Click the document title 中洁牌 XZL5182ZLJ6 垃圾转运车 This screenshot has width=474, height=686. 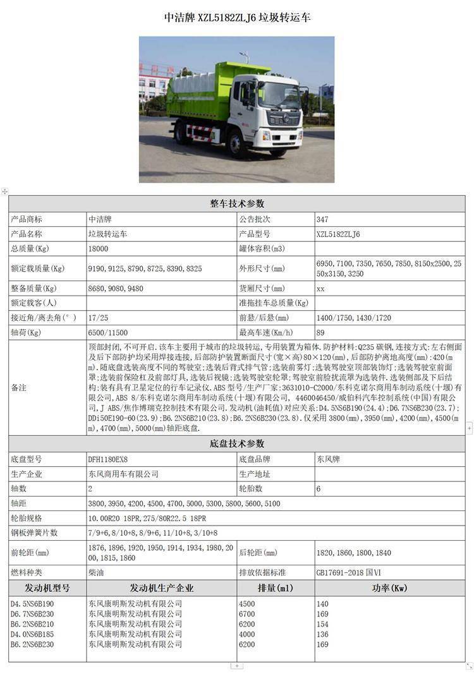coord(237,18)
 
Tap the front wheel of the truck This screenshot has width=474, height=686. coord(238,143)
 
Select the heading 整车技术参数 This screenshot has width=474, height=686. coord(237,203)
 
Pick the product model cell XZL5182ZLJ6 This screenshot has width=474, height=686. coord(338,234)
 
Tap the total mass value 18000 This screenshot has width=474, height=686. coord(99,249)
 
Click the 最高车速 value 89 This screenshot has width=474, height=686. coord(320,333)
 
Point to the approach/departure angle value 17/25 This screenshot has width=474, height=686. coord(98,317)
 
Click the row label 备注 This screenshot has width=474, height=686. coord(19,388)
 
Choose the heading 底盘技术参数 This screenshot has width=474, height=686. coord(237,443)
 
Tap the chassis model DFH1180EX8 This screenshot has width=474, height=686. coord(112,459)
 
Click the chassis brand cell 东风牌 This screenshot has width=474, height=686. coord(328,459)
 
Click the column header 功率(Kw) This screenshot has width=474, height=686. coord(390,588)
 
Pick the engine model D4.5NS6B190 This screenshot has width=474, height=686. coord(32,604)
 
